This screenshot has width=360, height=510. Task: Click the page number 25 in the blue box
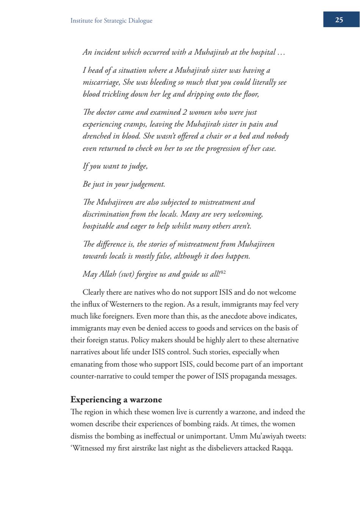[339, 20]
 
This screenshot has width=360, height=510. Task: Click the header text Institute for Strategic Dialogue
[111, 21]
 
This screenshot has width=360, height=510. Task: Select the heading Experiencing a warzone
[116, 399]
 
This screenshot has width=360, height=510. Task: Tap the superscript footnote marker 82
[223, 272]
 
